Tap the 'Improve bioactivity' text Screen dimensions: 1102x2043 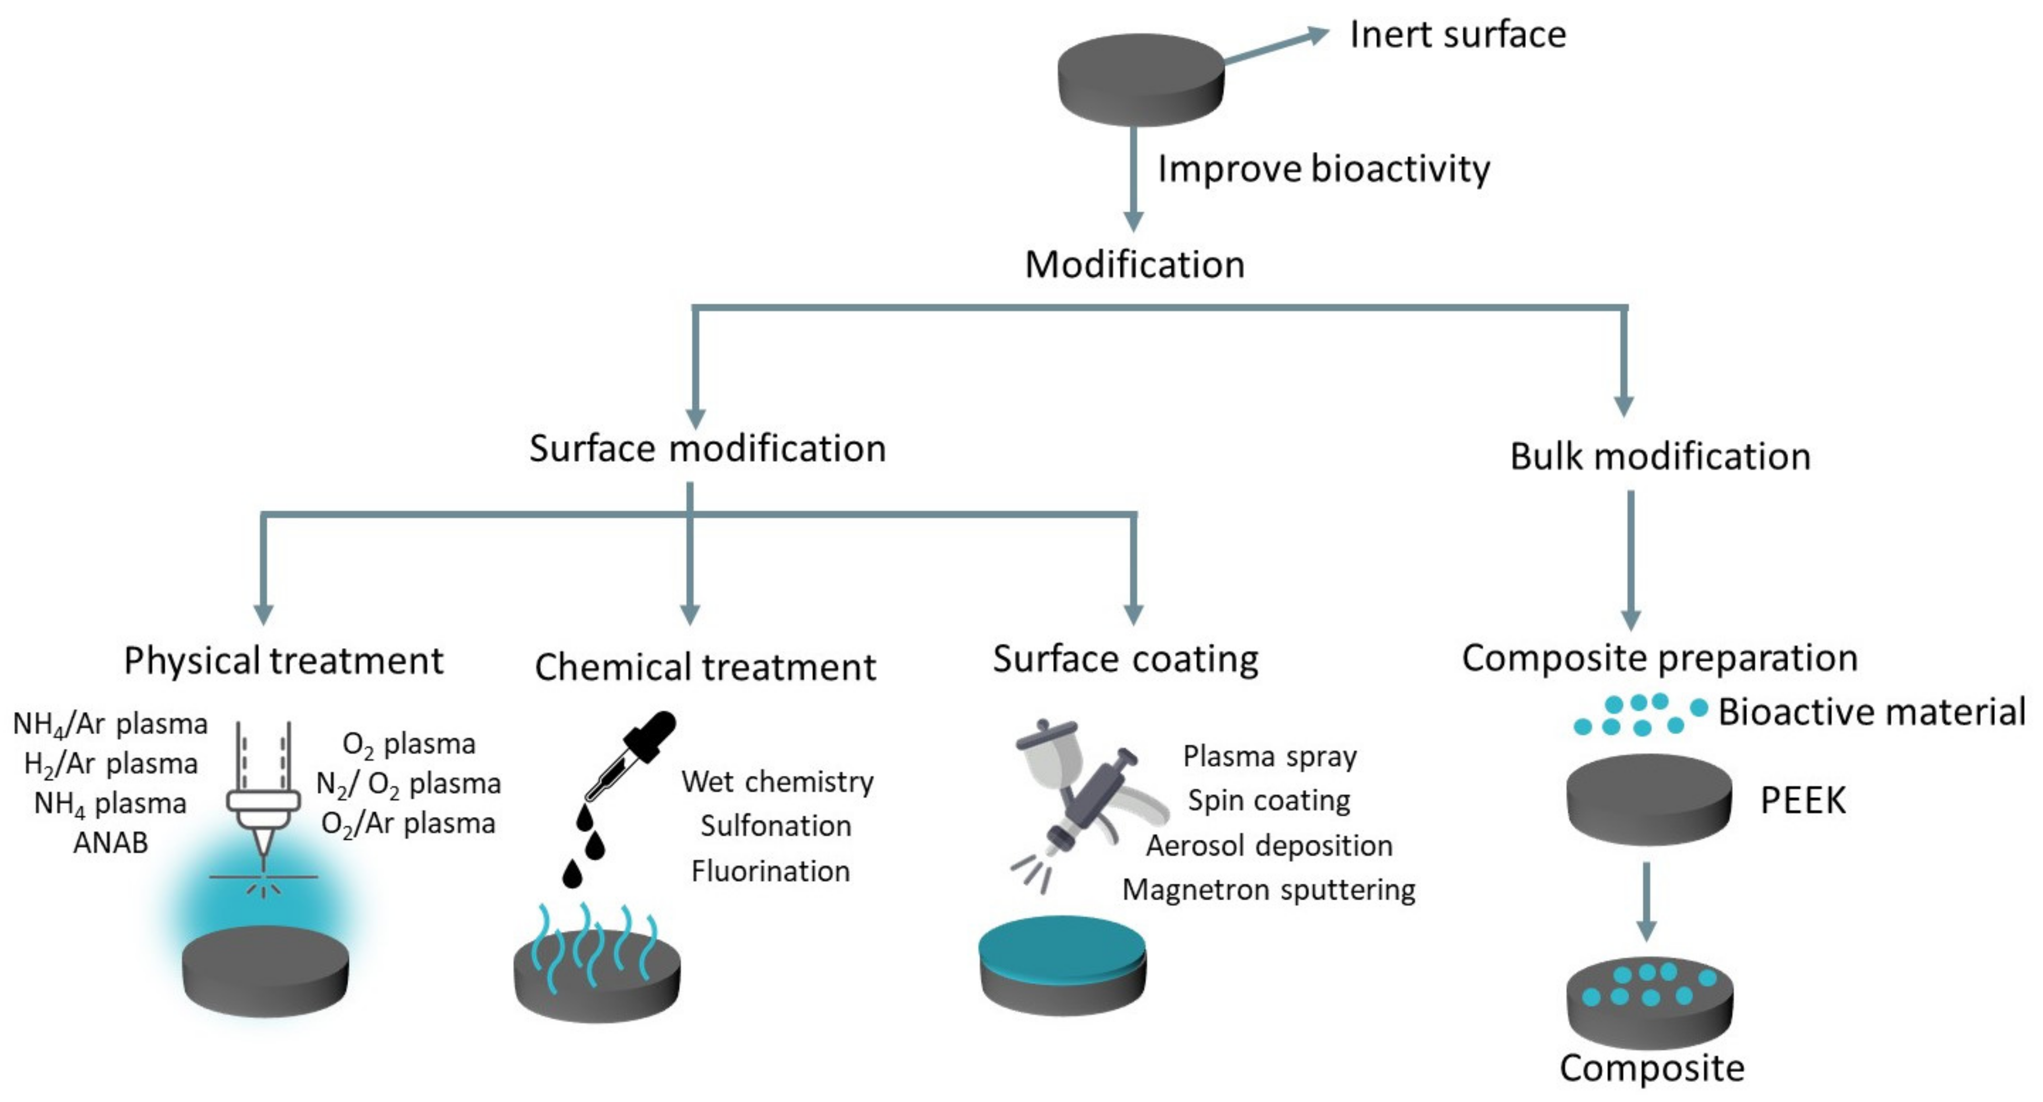click(1323, 169)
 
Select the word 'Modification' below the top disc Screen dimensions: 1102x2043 click(1134, 264)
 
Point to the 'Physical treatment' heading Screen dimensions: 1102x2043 click(283, 661)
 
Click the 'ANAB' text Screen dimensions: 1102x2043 click(110, 842)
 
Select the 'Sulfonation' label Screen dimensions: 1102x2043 click(776, 826)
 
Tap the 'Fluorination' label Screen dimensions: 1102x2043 click(770, 871)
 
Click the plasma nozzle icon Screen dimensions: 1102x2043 click(263, 801)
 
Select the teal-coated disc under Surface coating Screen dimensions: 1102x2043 click(1062, 964)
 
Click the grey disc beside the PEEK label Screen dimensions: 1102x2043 click(1649, 800)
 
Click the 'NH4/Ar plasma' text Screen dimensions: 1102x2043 click(110, 724)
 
